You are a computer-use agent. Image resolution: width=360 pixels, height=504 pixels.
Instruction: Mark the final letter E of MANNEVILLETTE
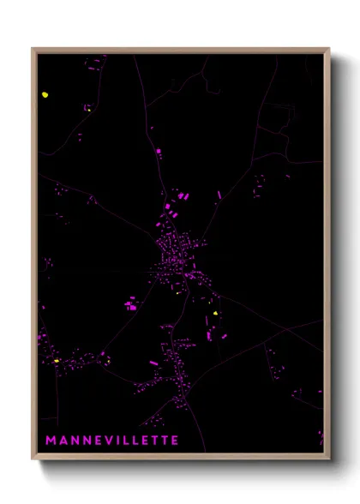[174, 441]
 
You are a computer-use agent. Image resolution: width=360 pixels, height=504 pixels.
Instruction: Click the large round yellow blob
[45, 95]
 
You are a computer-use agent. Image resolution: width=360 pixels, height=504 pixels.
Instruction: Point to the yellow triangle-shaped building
[216, 314]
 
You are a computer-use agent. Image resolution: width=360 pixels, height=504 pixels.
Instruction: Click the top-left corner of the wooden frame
[33, 49]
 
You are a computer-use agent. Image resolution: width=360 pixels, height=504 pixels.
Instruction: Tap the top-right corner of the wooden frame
[329, 49]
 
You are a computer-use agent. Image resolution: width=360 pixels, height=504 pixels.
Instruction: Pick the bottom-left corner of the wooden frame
[33, 458]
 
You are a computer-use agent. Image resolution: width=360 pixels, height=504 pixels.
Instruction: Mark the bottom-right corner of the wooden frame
[329, 458]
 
